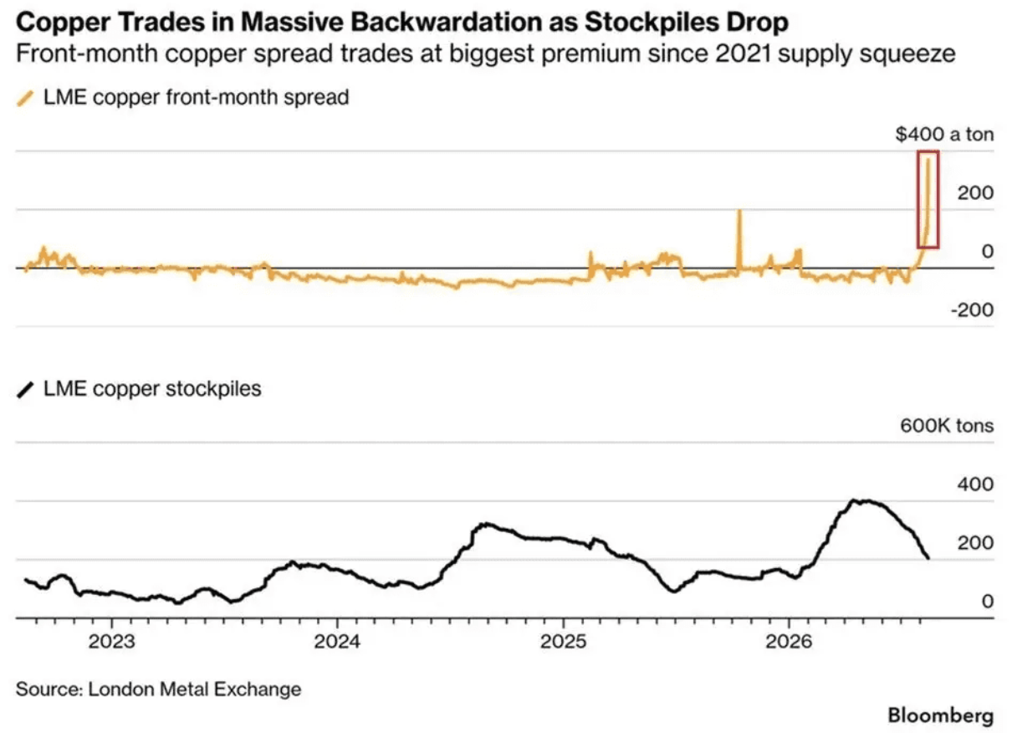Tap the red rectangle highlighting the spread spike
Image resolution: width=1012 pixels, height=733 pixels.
point(918,199)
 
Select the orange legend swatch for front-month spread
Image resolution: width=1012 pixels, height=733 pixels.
point(25,98)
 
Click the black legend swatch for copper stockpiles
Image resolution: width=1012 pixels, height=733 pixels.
point(25,390)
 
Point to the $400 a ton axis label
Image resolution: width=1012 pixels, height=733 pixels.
point(944,134)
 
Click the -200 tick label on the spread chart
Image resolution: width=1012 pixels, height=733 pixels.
point(972,310)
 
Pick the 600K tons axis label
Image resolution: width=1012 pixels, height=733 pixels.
point(947,426)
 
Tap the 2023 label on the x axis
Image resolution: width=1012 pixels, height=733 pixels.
point(111,642)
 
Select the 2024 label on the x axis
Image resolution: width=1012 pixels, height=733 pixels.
point(338,642)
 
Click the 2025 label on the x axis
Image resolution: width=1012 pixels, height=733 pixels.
point(564,642)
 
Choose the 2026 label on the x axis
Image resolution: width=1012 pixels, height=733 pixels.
point(789,642)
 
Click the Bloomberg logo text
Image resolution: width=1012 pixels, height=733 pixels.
point(941,716)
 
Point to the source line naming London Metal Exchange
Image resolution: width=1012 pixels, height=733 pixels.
point(159,689)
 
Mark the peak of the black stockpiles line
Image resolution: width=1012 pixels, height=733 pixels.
point(853,500)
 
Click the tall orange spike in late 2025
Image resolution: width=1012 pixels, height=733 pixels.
point(739,239)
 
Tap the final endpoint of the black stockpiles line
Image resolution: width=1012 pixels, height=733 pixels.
point(928,559)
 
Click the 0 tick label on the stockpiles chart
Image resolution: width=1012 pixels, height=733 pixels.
point(988,602)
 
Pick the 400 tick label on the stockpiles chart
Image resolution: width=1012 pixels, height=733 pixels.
point(976,484)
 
